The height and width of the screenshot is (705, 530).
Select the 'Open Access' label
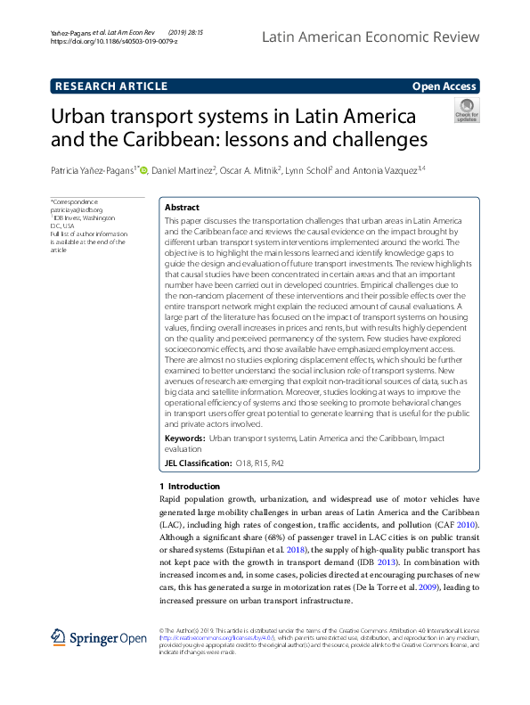point(444,86)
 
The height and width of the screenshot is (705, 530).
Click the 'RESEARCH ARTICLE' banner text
point(111,86)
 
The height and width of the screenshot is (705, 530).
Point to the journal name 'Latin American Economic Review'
point(371,37)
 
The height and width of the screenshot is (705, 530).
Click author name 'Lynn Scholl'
point(307,169)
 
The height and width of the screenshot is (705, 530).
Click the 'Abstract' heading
point(183,206)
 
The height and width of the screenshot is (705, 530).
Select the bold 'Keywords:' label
point(184,440)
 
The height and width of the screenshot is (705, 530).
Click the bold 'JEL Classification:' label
point(197,463)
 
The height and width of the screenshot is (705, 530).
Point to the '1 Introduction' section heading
point(189,487)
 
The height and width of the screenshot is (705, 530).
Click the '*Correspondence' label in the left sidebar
point(73,202)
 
